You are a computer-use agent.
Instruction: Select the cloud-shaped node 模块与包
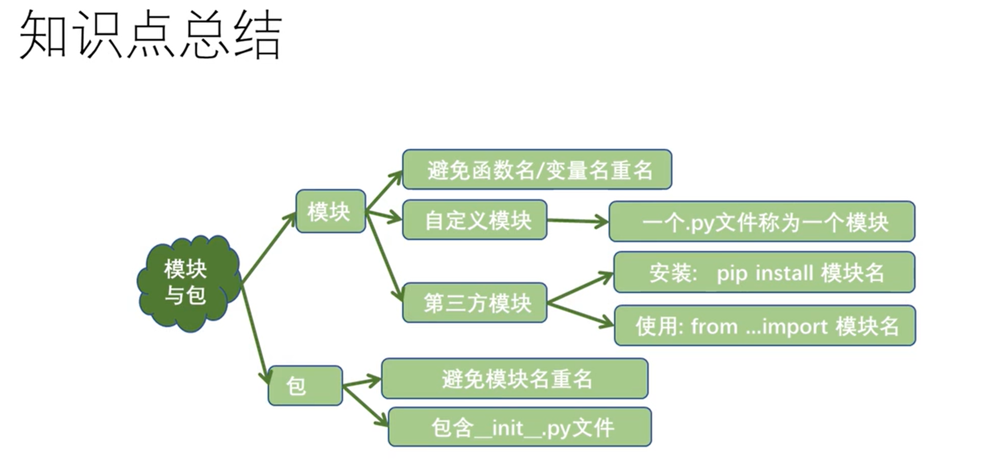coord(189,283)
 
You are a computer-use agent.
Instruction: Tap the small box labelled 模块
coord(330,211)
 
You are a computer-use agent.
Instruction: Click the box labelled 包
coord(305,385)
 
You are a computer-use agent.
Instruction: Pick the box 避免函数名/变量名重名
coord(537,170)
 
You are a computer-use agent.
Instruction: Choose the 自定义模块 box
coord(475,220)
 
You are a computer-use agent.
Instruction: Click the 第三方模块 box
coord(475,303)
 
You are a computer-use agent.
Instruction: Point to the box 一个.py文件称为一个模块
coord(762,221)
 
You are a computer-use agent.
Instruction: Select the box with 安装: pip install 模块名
coord(764,272)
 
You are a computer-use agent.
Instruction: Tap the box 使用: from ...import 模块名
coord(765,326)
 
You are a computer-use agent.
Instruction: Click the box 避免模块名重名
coord(514,379)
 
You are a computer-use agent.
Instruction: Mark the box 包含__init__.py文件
coord(519,427)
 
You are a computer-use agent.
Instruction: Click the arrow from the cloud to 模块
coord(269,248)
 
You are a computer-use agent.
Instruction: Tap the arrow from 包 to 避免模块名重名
coord(362,382)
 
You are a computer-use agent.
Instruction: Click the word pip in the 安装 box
coord(732,274)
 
